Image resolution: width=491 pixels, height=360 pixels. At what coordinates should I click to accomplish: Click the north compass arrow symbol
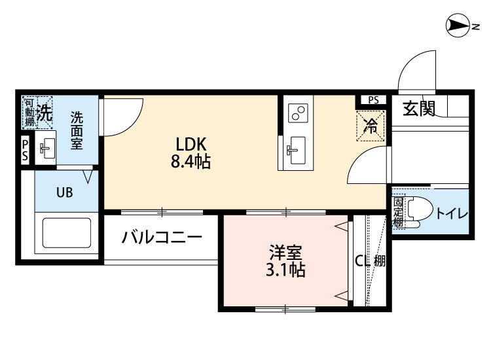click(x=458, y=26)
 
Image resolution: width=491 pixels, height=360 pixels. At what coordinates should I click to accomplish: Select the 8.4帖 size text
click(x=190, y=162)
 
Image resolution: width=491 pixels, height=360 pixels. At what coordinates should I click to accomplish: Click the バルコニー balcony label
click(x=161, y=237)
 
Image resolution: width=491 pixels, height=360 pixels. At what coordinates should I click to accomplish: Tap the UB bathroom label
click(x=64, y=192)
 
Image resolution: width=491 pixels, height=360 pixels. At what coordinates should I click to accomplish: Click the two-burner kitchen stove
click(x=299, y=113)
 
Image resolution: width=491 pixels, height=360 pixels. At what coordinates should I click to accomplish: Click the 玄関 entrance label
click(x=419, y=109)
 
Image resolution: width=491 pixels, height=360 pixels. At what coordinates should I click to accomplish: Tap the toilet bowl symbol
click(x=418, y=211)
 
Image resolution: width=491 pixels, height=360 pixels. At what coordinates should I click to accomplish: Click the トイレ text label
click(x=451, y=212)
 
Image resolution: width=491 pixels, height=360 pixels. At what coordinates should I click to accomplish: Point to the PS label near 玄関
click(x=373, y=100)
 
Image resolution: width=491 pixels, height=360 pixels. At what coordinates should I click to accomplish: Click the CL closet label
click(x=361, y=261)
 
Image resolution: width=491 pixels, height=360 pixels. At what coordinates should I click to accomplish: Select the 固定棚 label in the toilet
click(x=397, y=211)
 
